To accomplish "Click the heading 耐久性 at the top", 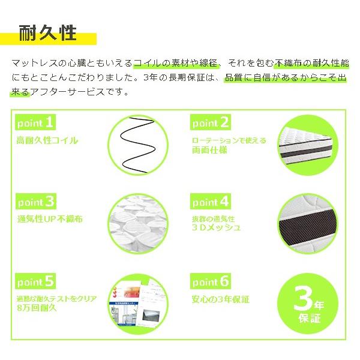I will pyautogui.click(x=48, y=32).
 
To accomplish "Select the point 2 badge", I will pyautogui.click(x=211, y=123).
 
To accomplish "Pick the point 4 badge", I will pyautogui.click(x=211, y=202).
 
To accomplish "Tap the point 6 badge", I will pyautogui.click(x=211, y=281).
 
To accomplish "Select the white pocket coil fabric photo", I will pyautogui.click(x=137, y=223).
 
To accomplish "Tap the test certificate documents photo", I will pyautogui.click(x=137, y=302).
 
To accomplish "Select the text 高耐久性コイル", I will pyautogui.click(x=47, y=140).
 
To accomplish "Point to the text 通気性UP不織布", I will pyautogui.click(x=50, y=219).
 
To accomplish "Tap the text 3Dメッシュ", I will pyautogui.click(x=216, y=228).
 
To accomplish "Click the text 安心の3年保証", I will pyautogui.click(x=220, y=299).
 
